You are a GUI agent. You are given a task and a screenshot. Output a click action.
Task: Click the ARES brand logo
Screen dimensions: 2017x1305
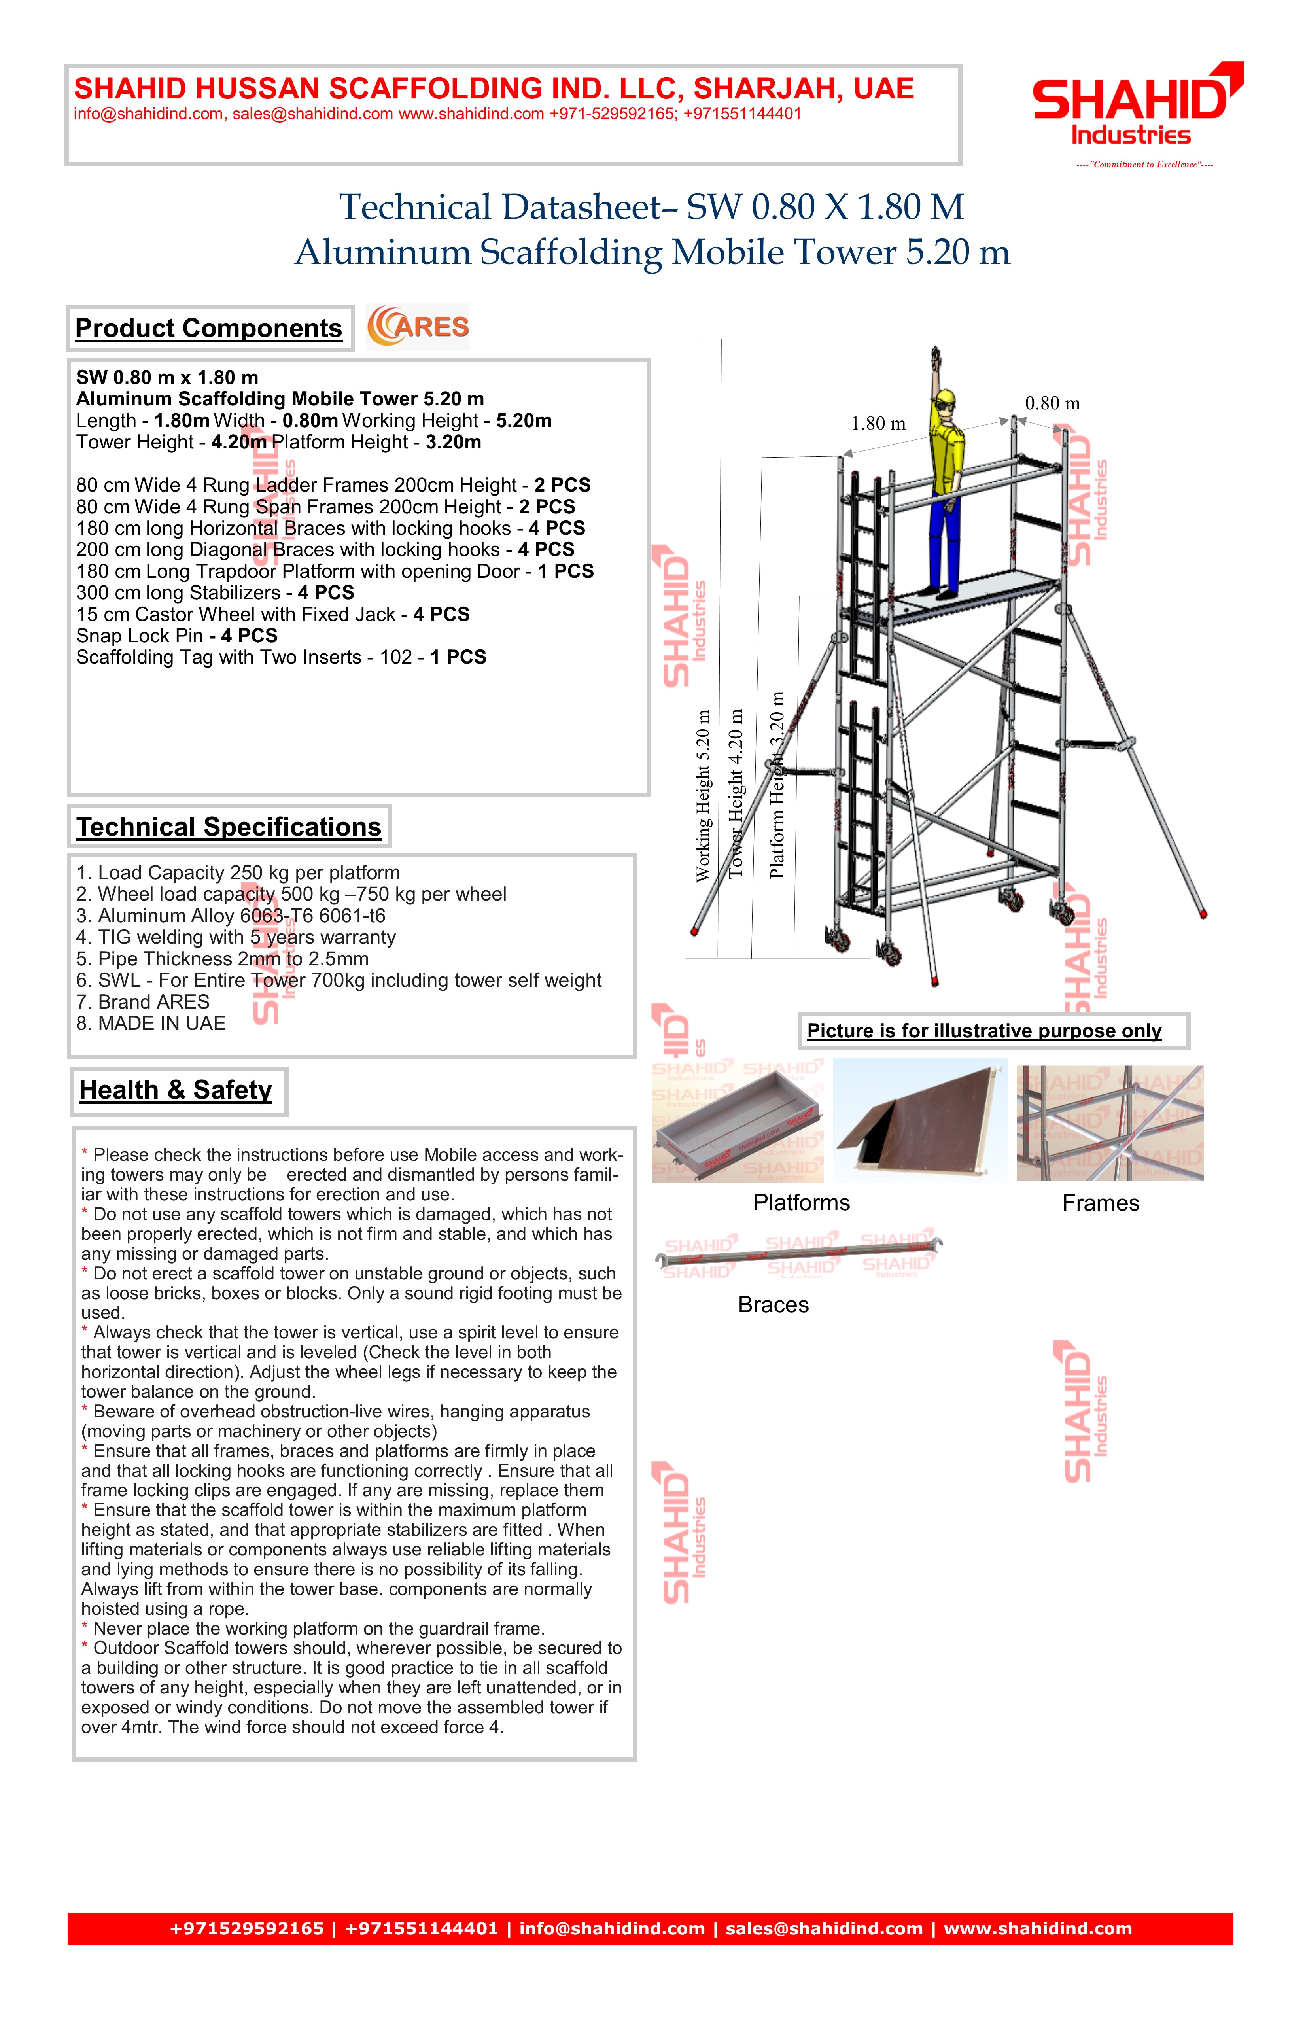click(418, 327)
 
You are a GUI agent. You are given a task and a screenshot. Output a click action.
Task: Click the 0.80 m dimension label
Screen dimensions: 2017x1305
click(1052, 403)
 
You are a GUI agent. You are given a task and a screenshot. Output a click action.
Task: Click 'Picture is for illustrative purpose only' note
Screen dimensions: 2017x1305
click(984, 1031)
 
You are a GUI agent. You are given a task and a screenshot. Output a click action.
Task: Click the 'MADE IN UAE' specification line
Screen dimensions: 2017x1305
click(151, 1024)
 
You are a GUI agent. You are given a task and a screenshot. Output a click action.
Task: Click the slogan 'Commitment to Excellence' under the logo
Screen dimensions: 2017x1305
click(1144, 165)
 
